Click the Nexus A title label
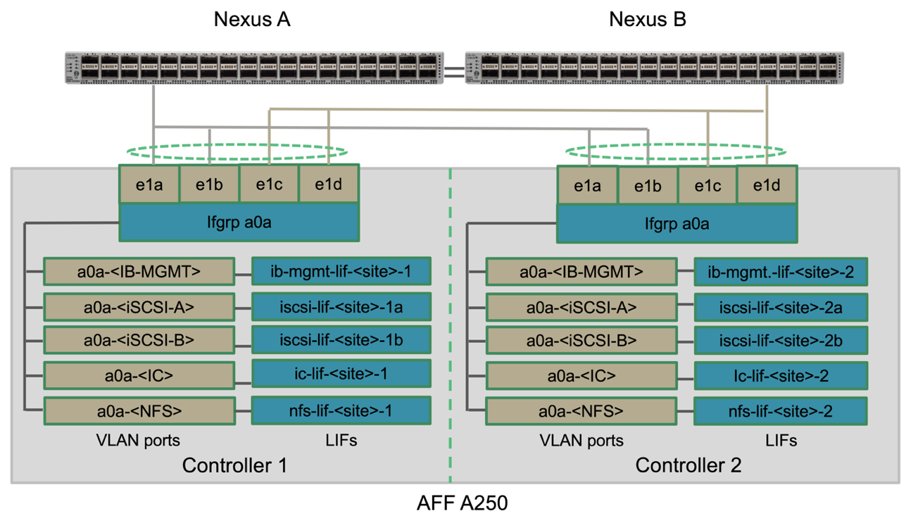click(252, 20)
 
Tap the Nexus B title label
click(647, 20)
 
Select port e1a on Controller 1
click(149, 184)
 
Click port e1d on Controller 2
click(767, 186)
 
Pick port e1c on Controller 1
click(270, 184)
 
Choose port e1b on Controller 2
click(647, 186)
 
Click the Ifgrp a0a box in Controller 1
click(239, 223)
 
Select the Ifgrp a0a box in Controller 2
click(677, 224)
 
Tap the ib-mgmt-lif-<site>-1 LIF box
click(341, 271)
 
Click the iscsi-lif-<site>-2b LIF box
click(780, 341)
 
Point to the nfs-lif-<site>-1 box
click(341, 410)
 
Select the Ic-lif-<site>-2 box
click(780, 376)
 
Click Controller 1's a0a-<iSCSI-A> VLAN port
click(139, 306)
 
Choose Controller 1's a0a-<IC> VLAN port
click(139, 375)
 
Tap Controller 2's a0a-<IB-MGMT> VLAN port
click(581, 272)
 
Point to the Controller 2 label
click(688, 465)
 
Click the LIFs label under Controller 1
click(342, 441)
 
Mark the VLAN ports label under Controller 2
click(581, 441)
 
